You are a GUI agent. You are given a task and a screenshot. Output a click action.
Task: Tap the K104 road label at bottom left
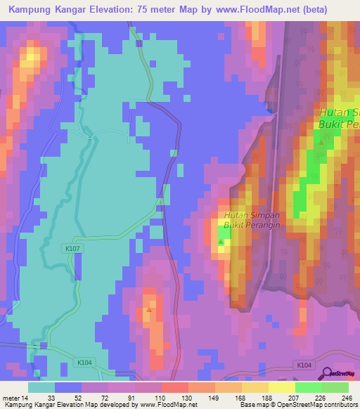point(84,363)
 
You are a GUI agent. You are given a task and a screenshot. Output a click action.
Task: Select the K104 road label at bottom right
point(303,365)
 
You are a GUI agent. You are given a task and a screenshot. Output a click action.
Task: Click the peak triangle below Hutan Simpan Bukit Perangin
point(221,242)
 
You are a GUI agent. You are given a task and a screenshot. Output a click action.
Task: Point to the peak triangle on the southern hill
point(149,309)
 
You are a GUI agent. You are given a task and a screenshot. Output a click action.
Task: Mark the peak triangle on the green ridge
point(322,142)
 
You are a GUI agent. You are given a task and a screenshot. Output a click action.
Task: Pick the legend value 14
point(29,396)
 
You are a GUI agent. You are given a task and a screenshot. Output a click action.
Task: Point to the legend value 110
point(160,396)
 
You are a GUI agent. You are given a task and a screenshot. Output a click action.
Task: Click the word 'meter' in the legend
point(12,396)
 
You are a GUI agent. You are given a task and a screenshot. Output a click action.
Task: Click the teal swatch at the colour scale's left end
point(41,387)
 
